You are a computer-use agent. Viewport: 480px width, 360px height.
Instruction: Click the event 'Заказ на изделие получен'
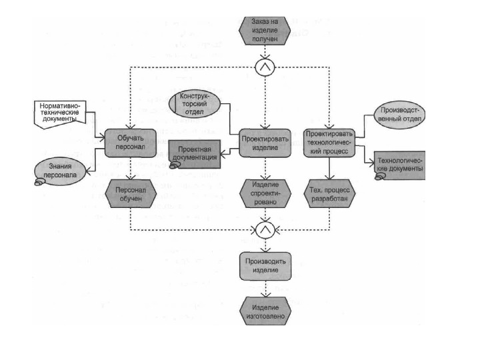[265, 30]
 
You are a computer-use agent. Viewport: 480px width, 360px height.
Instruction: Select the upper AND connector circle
[265, 67]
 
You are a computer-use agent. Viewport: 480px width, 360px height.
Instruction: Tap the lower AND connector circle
[265, 231]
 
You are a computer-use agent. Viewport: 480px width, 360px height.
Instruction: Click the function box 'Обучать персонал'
[131, 142]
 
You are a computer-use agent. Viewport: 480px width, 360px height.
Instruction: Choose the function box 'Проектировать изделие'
[265, 141]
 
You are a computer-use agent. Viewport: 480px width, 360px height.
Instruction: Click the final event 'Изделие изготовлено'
[265, 310]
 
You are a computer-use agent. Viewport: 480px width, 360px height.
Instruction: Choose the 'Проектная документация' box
[195, 153]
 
